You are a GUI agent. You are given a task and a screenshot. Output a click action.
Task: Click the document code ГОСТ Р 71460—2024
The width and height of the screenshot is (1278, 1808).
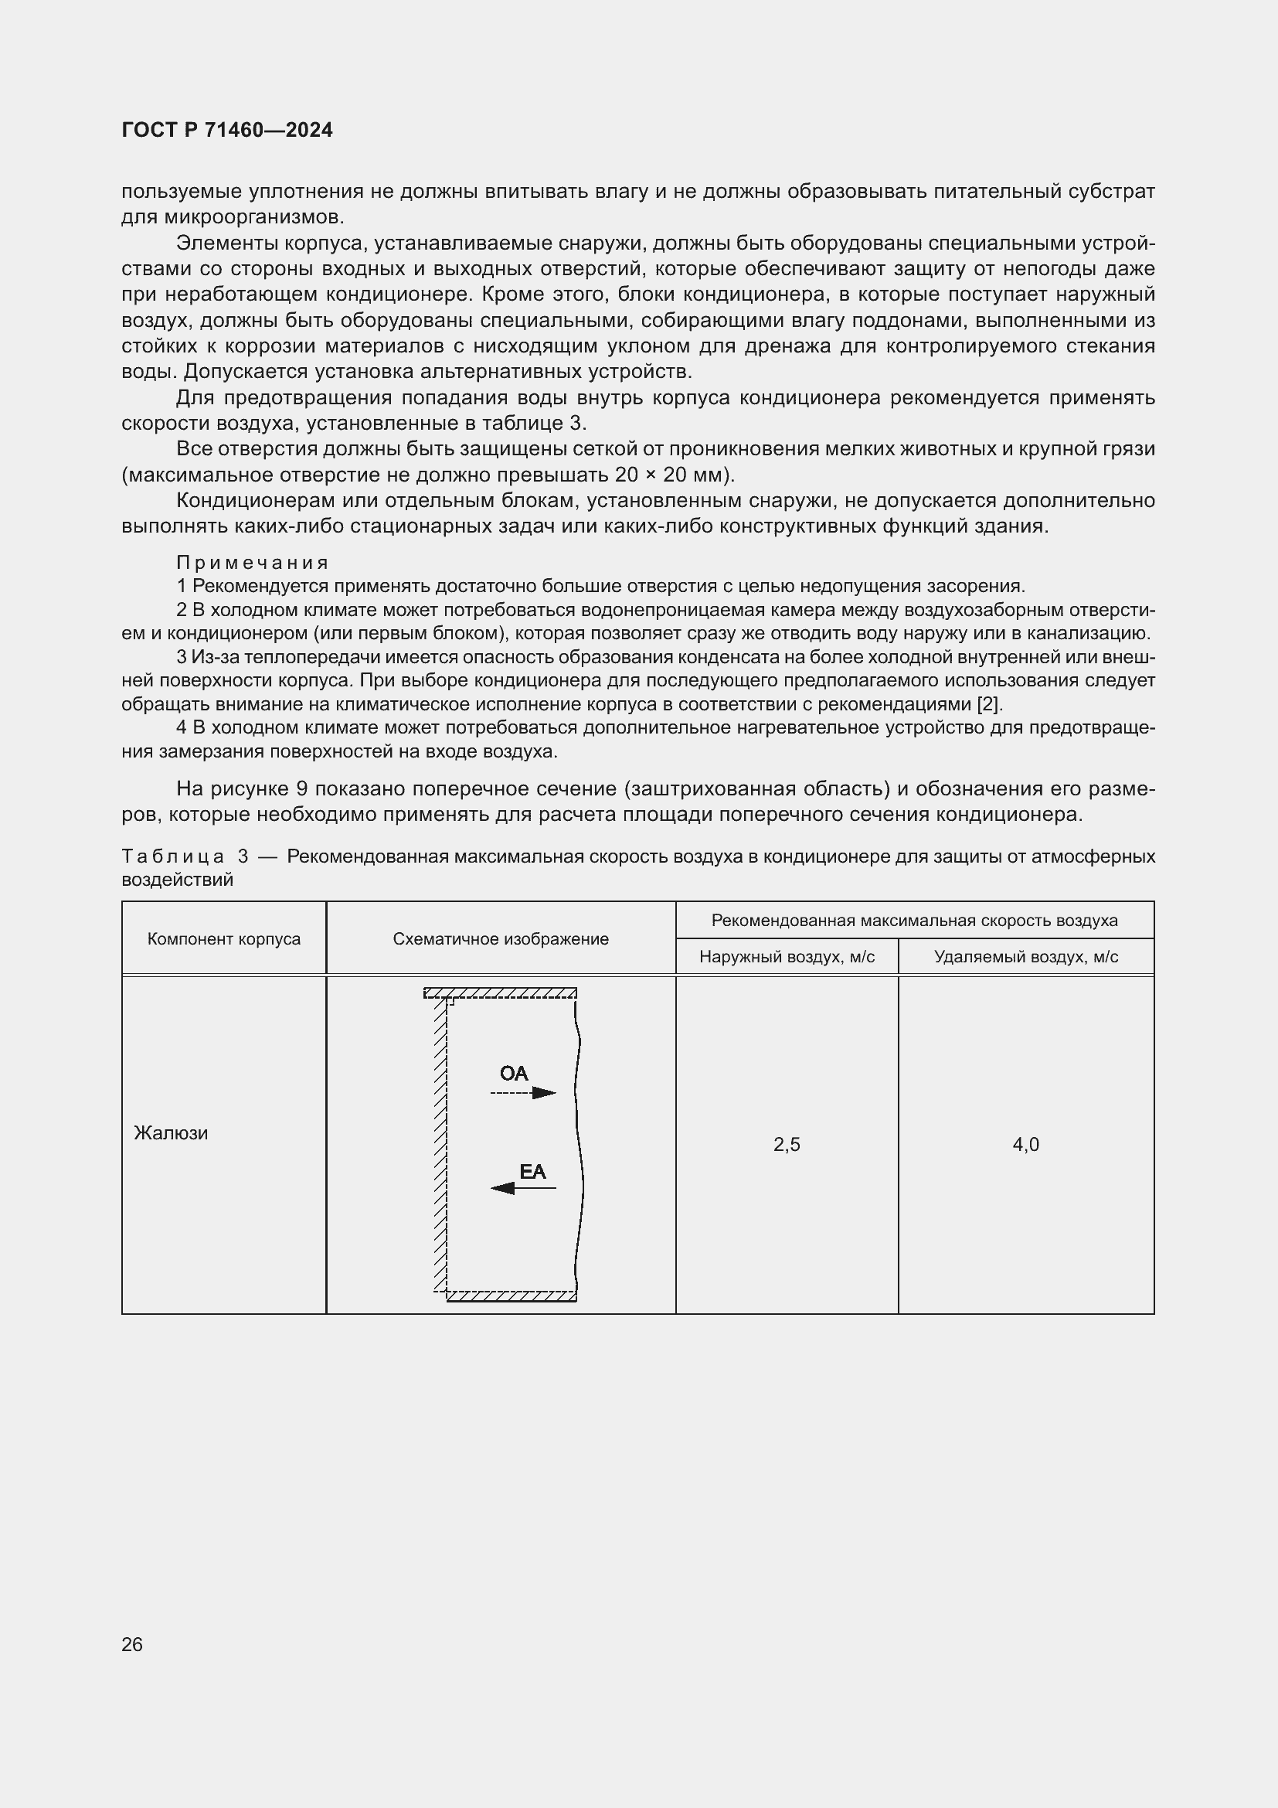tap(226, 130)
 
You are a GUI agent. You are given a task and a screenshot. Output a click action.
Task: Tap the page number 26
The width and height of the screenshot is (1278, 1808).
tap(132, 1644)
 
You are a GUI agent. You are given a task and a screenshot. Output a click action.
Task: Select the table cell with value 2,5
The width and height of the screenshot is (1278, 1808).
tap(786, 1144)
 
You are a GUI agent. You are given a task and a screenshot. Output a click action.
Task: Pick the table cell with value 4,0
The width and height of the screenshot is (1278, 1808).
tap(1025, 1144)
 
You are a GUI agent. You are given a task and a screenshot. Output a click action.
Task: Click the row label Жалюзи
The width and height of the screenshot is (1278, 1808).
tap(171, 1133)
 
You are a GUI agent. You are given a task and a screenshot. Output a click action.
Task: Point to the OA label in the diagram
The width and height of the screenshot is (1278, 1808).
tap(514, 1074)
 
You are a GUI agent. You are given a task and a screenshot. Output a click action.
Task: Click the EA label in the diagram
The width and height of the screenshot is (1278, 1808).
tap(533, 1172)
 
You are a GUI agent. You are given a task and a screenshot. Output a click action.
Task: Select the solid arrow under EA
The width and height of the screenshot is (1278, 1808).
tap(523, 1187)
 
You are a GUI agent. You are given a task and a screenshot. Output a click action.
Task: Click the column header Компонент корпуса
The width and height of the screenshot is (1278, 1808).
tap(223, 938)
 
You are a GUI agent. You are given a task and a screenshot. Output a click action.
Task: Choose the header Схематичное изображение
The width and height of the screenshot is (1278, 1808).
tap(501, 938)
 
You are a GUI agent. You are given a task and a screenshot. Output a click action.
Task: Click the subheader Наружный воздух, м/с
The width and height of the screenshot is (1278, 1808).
tap(786, 957)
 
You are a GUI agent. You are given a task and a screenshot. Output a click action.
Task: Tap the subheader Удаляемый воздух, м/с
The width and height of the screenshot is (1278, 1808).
tap(1025, 957)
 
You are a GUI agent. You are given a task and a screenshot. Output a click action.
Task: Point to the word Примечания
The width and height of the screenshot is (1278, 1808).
tap(252, 562)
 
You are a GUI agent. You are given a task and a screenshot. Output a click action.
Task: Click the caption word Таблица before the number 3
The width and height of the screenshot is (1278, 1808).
tap(172, 856)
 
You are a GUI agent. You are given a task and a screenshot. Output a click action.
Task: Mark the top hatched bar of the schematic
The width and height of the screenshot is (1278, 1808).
tap(501, 993)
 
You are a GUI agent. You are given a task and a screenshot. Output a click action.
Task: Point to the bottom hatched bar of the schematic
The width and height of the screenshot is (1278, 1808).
tap(511, 1296)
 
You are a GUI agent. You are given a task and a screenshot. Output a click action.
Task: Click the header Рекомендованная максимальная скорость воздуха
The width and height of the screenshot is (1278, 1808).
tap(914, 920)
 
